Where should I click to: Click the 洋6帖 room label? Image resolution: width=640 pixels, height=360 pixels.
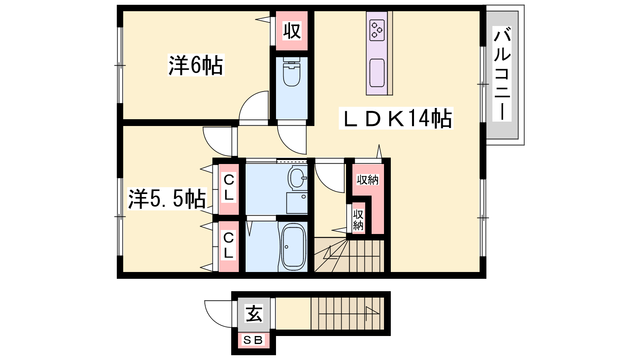pos(196,65)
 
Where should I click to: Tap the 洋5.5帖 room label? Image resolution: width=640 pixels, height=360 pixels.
pos(167,199)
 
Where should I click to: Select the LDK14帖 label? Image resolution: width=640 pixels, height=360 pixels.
pos(396,118)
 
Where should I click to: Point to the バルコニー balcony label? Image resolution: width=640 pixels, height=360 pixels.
pos(502,74)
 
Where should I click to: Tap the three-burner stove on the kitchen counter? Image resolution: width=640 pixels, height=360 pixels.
pos(376,30)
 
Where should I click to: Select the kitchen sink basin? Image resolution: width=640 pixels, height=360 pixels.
pos(376,73)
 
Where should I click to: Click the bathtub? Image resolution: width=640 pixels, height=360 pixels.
pos(294,247)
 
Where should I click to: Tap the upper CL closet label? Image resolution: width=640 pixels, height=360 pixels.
pos(228,188)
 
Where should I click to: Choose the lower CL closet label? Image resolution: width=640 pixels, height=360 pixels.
pos(228,245)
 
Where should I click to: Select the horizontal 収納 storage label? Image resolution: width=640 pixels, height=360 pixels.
pos(368,180)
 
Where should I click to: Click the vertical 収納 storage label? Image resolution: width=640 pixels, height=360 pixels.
pos(358,220)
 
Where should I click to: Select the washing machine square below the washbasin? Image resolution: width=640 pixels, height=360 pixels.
pos(297,203)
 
